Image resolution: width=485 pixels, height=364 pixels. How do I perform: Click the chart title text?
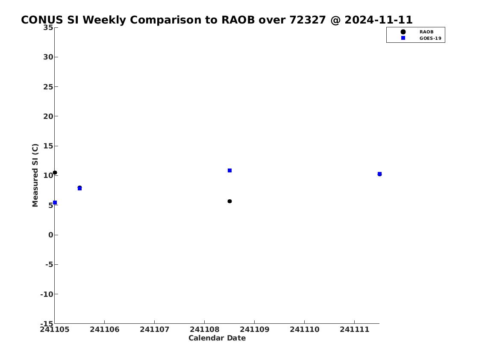coord(217,20)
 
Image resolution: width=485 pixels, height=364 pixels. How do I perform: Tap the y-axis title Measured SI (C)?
coord(35,175)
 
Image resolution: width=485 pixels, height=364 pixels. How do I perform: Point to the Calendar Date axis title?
coord(217,338)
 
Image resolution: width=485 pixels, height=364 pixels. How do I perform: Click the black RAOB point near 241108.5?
coord(229,201)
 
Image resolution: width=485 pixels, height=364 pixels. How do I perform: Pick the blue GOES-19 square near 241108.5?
coord(229,171)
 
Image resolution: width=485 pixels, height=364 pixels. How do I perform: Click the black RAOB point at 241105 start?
coord(55,173)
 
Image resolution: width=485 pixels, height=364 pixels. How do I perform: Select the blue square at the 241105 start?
coord(55,203)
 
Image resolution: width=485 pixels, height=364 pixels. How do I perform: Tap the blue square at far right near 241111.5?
coord(379,174)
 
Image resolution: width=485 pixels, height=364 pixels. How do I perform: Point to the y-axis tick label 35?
coord(48,27)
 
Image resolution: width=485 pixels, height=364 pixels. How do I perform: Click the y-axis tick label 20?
coord(48,116)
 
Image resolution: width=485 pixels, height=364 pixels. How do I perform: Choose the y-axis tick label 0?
coord(51,235)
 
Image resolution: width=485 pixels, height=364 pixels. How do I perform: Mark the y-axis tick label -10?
coord(47,294)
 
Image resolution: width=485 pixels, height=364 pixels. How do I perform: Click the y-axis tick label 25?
coord(48,87)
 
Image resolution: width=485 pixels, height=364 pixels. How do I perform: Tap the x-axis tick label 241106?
coord(105,329)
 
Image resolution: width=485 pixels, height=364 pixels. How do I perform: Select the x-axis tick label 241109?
coord(255,329)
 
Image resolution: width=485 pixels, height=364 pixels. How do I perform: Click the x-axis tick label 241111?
coord(355,329)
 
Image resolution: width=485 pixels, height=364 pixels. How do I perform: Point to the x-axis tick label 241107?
coord(154,329)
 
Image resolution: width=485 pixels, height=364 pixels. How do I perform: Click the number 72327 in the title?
coord(308,20)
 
